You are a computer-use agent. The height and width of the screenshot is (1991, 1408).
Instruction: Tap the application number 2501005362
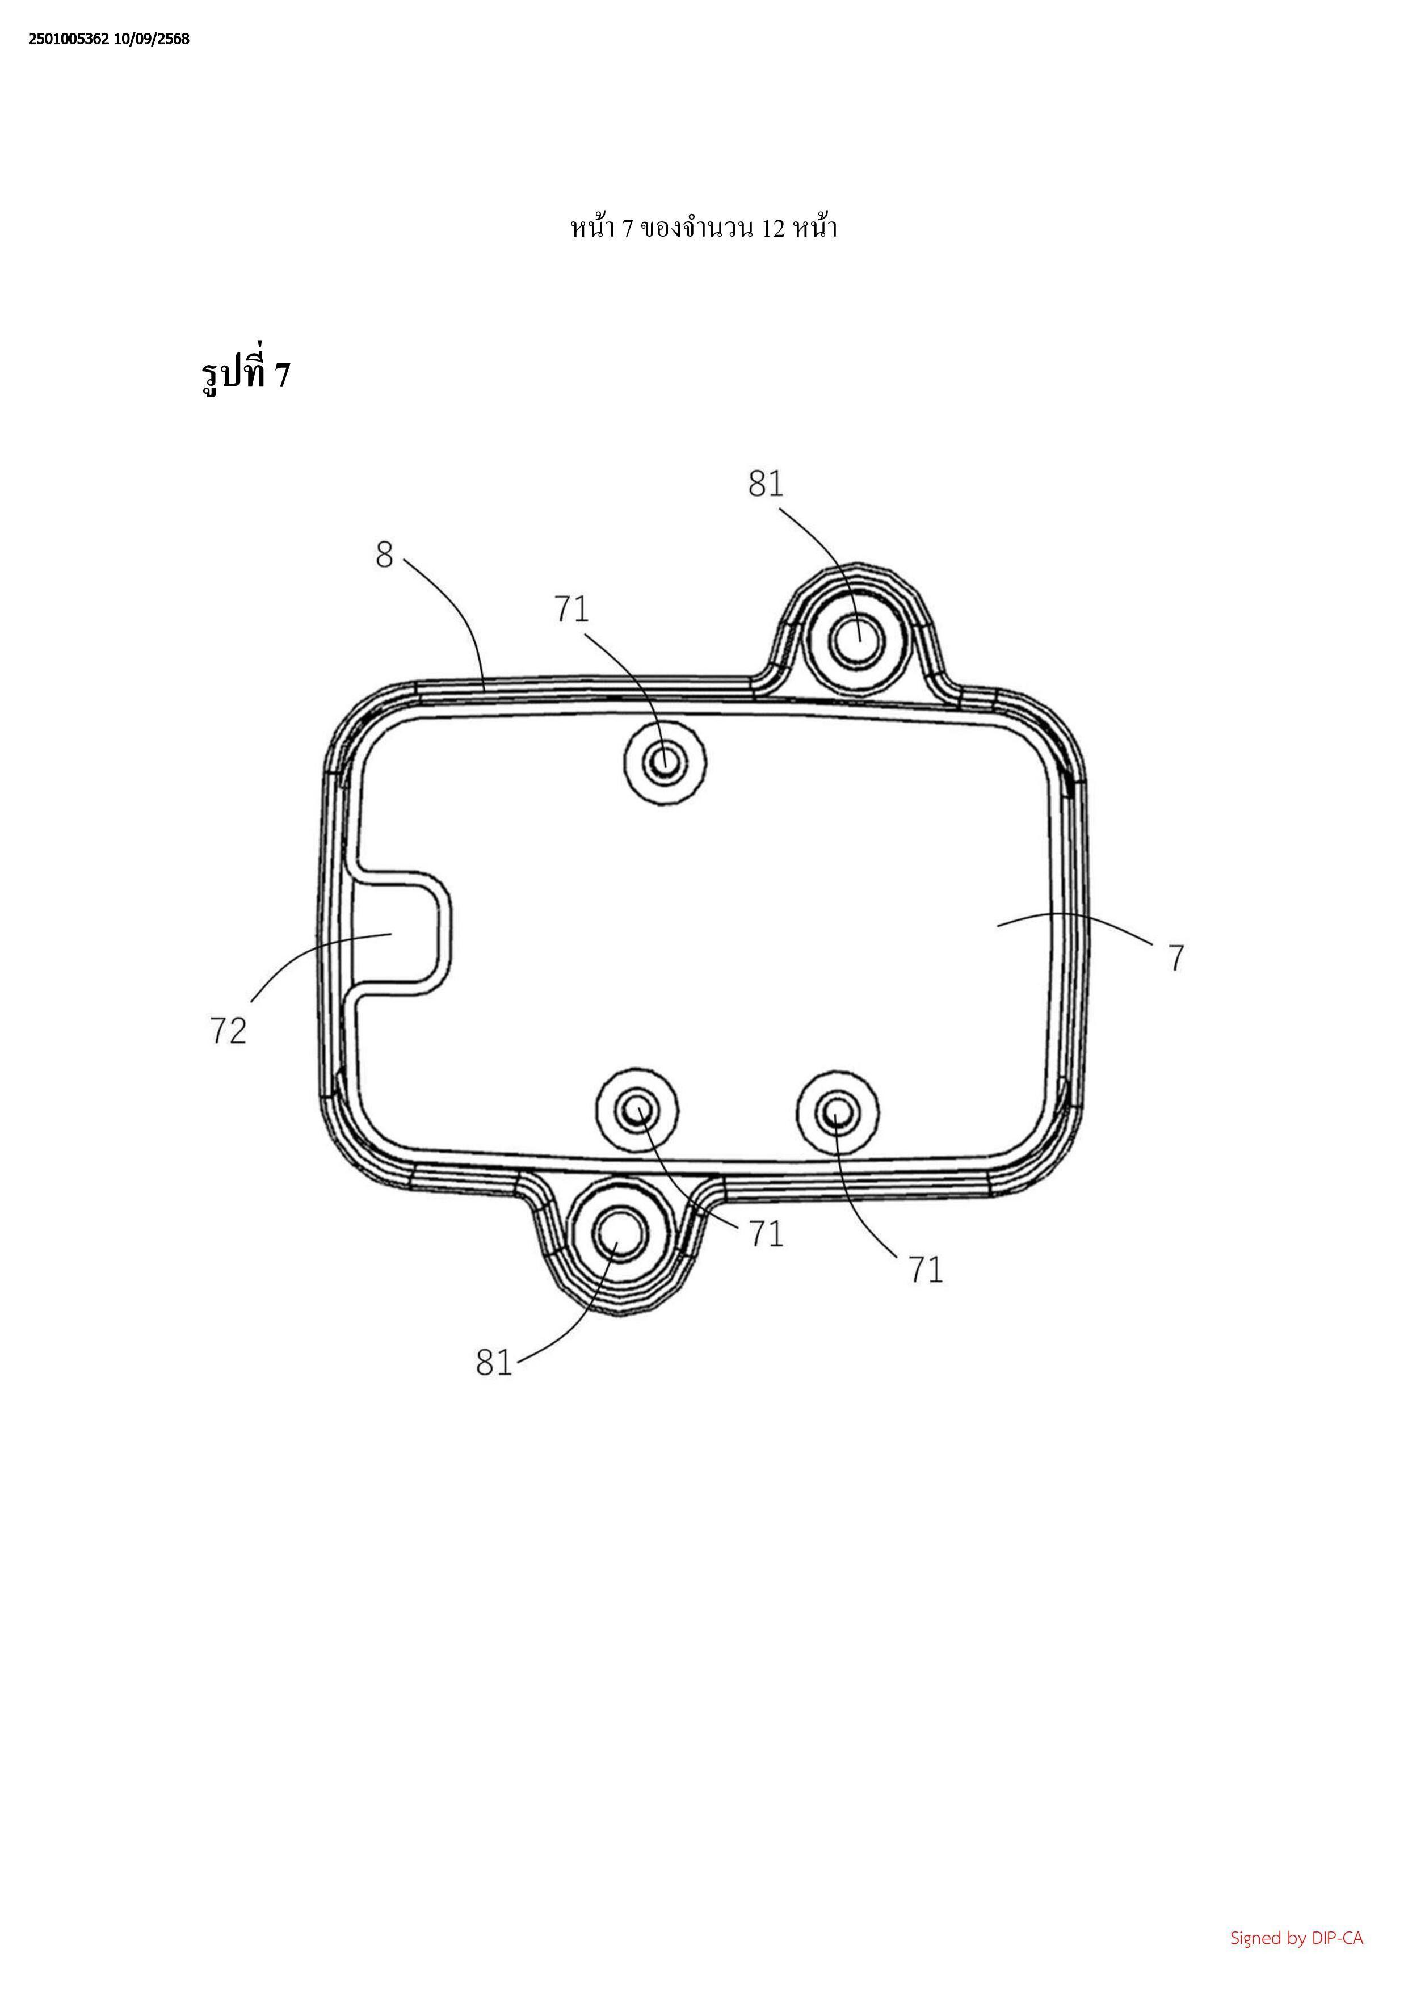click(x=69, y=40)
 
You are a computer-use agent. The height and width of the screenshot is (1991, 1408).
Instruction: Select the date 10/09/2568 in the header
click(x=152, y=40)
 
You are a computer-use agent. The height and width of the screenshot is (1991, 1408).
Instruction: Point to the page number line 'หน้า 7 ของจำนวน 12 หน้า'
click(x=703, y=228)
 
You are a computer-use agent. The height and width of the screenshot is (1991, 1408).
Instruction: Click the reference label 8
click(x=384, y=555)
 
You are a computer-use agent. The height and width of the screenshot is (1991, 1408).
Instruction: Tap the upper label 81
click(x=766, y=484)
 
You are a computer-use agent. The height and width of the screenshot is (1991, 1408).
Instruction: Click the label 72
click(x=228, y=1030)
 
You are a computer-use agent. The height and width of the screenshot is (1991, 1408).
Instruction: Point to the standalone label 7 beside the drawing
click(x=1176, y=958)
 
